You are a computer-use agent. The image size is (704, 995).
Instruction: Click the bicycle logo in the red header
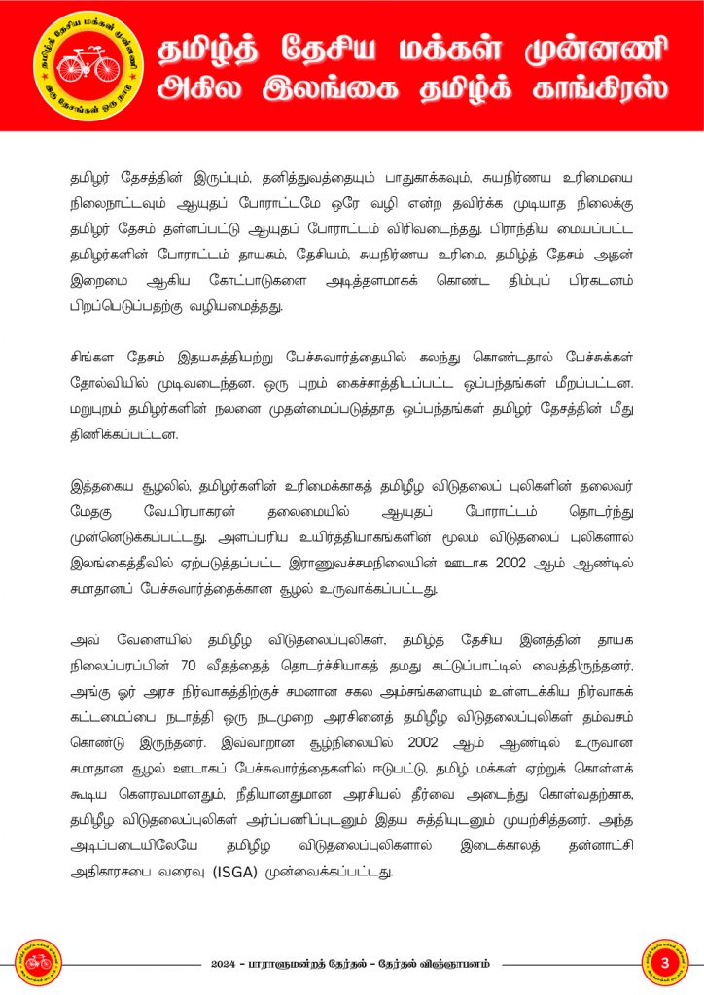tap(88, 64)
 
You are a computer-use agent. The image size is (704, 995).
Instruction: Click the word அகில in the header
tap(202, 90)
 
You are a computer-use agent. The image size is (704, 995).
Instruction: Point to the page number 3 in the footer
tap(666, 963)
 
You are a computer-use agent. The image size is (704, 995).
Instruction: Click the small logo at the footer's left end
tap(38, 963)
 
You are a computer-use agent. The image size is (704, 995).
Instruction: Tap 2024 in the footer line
tap(227, 964)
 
